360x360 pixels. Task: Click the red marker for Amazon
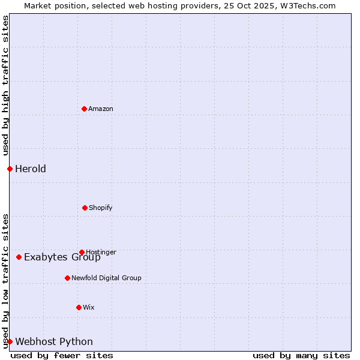coord(84,109)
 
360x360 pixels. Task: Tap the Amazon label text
coord(101,109)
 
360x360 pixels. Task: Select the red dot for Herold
coord(10,169)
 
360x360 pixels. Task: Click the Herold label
coord(31,169)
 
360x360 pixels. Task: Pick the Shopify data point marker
coord(85,208)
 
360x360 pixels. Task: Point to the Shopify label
coord(100,208)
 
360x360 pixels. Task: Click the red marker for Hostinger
coord(82,252)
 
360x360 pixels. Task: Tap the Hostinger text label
coord(101,252)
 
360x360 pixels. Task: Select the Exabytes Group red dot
coord(19,257)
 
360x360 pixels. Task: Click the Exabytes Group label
coord(62,257)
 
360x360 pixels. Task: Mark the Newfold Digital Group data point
coord(67,278)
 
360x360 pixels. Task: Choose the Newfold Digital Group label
coord(106,278)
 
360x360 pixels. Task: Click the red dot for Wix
coord(79,307)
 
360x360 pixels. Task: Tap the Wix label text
coord(89,307)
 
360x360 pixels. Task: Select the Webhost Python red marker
coord(10,341)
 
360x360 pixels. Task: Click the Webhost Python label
coord(54,342)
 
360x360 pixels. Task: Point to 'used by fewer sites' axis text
coord(62,355)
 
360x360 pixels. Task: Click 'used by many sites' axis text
coord(301,355)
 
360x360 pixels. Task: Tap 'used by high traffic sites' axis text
coord(5,85)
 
